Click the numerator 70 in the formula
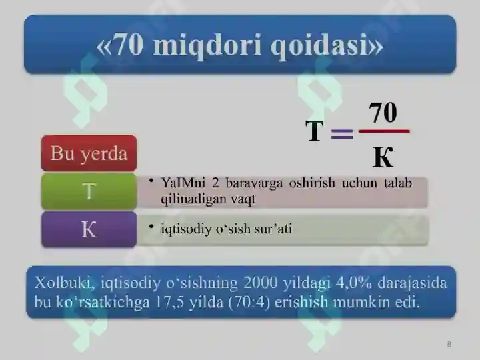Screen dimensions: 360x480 [x=383, y=112]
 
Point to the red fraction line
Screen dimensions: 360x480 [x=384, y=131]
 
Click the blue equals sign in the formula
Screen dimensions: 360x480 [x=342, y=133]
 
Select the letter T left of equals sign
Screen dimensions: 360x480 [x=315, y=132]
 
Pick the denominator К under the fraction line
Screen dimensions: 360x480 [x=383, y=157]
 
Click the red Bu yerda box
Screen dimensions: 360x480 [x=89, y=154]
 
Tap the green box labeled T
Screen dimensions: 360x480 [x=89, y=191]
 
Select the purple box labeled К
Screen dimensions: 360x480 [x=89, y=230]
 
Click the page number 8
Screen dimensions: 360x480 [x=449, y=344]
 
